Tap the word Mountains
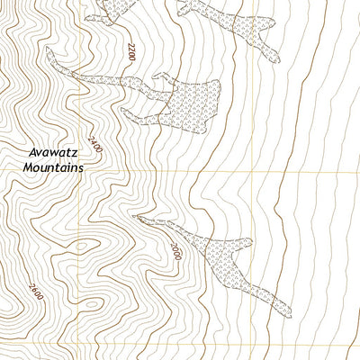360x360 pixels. click(54, 167)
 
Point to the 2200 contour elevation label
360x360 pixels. click(130, 51)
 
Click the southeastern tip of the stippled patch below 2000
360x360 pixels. click(286, 310)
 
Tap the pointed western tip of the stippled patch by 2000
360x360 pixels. click(135, 216)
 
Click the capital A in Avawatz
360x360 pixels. click(30, 153)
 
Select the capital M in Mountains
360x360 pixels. click(30, 167)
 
